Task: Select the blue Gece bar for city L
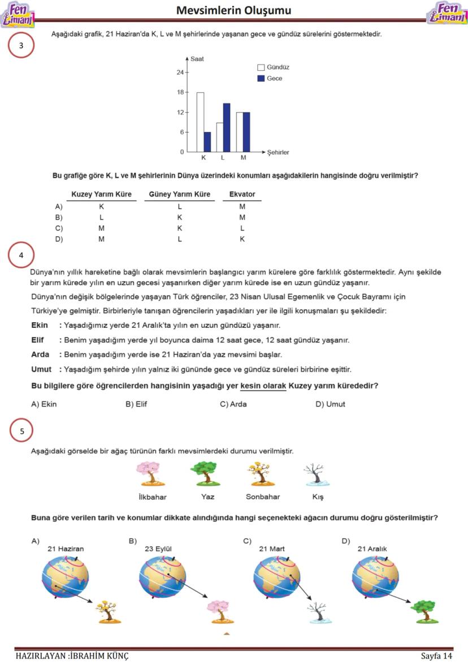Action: coord(227,127)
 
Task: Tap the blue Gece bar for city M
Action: coord(246,132)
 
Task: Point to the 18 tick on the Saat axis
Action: coord(181,92)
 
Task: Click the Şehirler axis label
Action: coord(278,152)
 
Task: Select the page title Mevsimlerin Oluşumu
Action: coord(233,10)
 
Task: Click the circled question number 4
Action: coord(21,255)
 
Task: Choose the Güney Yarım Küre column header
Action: coord(179,194)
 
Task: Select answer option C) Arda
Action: coord(233,404)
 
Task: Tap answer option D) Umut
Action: coord(330,404)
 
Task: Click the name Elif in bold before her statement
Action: coord(38,340)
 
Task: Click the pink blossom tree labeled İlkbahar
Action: coord(151,474)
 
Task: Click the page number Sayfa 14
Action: coord(436,656)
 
